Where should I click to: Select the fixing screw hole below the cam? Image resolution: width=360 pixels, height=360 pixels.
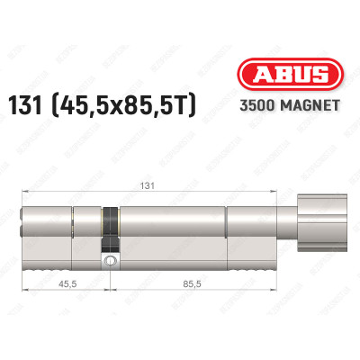click(110, 262)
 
